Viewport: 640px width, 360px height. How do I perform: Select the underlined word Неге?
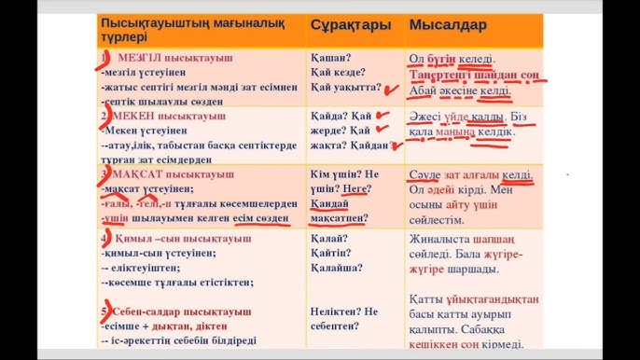click(355, 189)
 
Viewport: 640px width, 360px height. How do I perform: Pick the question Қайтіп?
click(334, 253)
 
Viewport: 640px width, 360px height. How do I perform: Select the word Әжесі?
click(429, 117)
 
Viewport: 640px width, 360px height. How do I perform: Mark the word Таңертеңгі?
click(446, 76)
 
